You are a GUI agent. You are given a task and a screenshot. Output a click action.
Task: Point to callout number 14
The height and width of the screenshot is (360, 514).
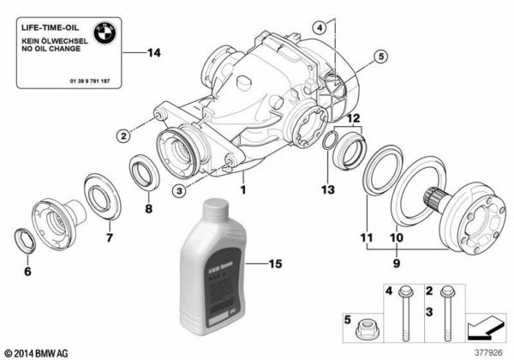[x=154, y=54]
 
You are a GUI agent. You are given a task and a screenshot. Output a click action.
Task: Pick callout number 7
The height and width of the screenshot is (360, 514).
[x=108, y=237]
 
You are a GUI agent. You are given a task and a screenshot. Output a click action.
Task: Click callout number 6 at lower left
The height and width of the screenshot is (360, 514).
[x=27, y=273]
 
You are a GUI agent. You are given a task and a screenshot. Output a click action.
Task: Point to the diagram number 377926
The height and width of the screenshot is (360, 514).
[x=490, y=351]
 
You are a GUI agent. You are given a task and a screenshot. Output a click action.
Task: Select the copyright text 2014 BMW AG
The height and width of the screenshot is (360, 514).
[x=38, y=352]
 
